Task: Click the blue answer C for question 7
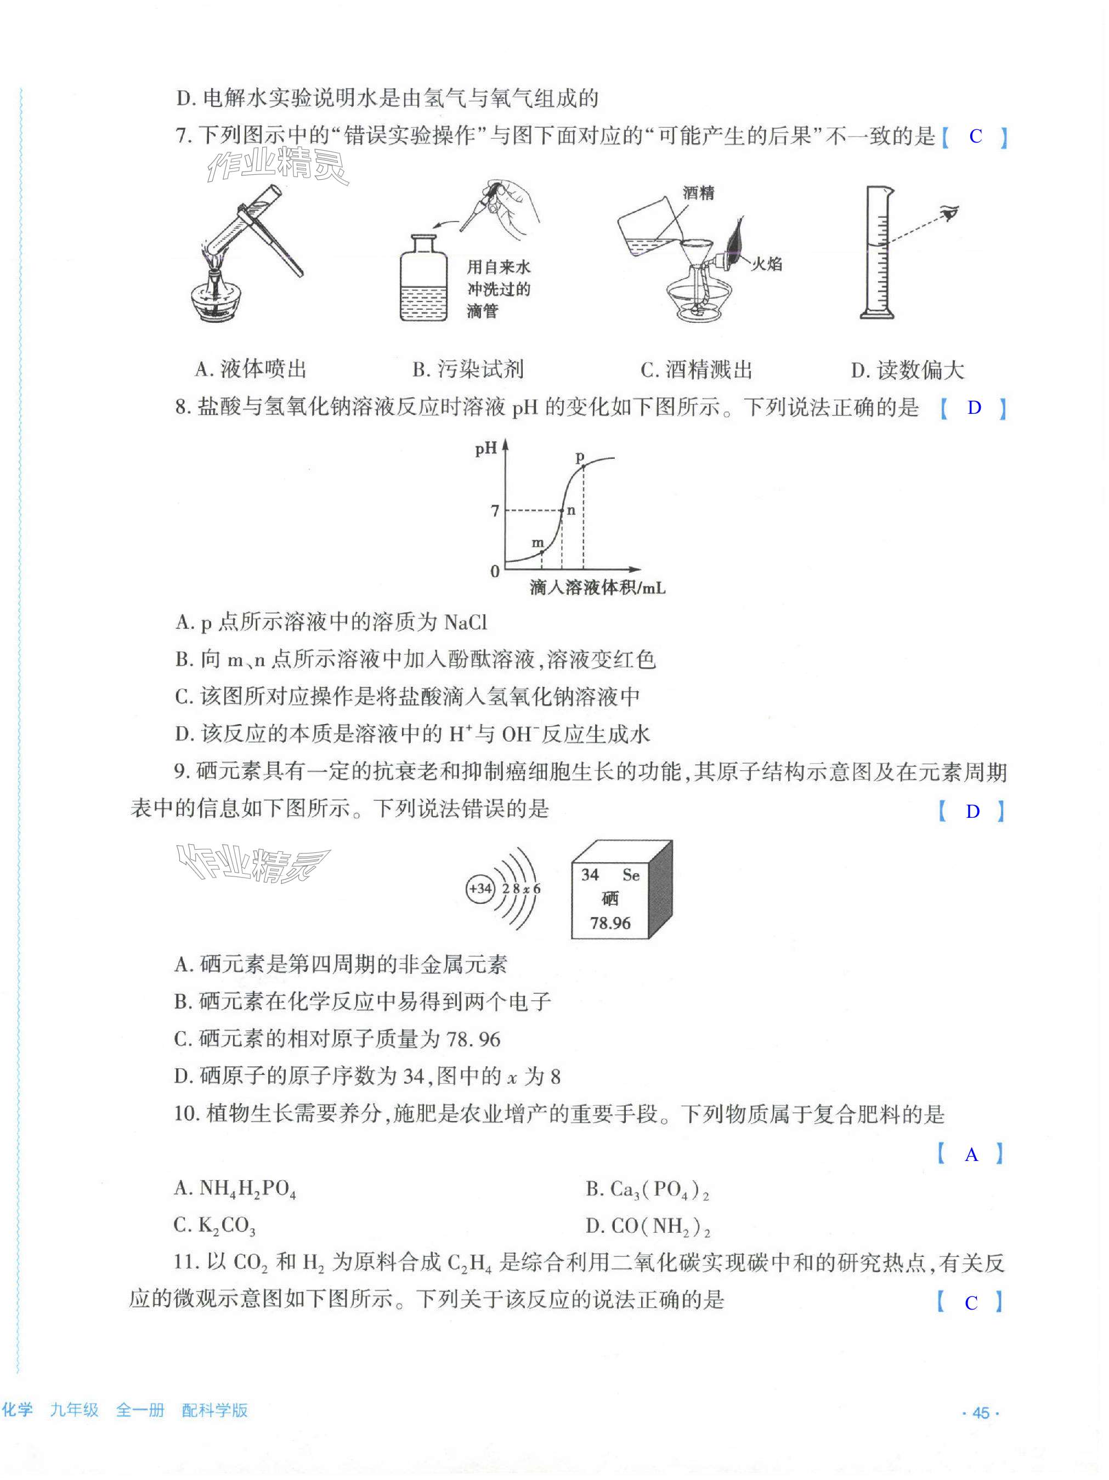point(975,136)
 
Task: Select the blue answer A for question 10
point(971,1155)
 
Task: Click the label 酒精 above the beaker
point(698,193)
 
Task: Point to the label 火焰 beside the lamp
point(766,264)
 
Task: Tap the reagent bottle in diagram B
point(423,281)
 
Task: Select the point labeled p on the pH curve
point(582,466)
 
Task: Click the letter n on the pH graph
point(571,510)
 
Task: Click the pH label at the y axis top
point(486,448)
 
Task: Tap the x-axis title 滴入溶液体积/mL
point(597,589)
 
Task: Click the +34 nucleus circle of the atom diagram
point(480,889)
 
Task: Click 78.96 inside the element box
point(610,923)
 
